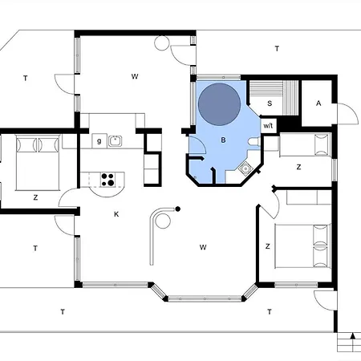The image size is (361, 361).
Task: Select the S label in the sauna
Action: tap(270, 103)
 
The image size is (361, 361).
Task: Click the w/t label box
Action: tap(269, 125)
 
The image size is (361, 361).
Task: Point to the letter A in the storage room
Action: tap(318, 103)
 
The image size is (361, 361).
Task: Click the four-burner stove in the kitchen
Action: tap(107, 179)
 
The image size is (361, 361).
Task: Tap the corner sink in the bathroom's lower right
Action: tap(246, 168)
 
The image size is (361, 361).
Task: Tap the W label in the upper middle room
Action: tap(135, 76)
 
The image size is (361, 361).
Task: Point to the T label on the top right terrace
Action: tap(277, 49)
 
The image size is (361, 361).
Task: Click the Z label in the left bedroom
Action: tap(35, 196)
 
